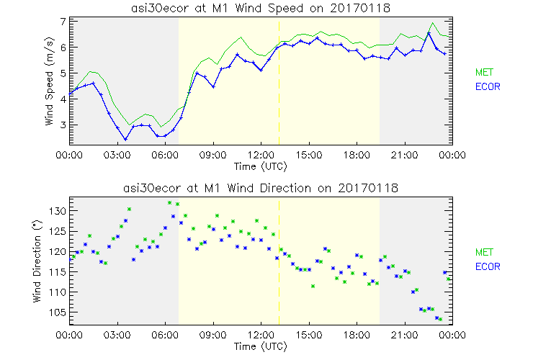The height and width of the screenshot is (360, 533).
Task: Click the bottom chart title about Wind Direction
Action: click(x=260, y=188)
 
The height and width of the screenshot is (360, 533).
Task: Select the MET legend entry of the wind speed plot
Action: click(x=483, y=72)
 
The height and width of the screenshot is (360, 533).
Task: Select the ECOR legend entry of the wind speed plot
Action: click(x=485, y=86)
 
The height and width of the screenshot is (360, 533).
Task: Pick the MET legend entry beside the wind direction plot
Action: click(x=483, y=252)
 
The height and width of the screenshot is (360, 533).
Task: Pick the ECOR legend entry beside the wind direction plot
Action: click(x=485, y=266)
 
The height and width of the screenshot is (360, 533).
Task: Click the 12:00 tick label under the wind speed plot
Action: click(x=260, y=154)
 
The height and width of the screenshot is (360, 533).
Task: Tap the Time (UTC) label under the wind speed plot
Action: click(x=260, y=166)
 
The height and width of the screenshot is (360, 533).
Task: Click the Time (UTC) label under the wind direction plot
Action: click(x=260, y=346)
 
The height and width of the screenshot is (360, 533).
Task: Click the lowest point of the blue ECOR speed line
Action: click(x=125, y=140)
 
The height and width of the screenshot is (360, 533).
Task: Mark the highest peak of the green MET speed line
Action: click(x=432, y=23)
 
